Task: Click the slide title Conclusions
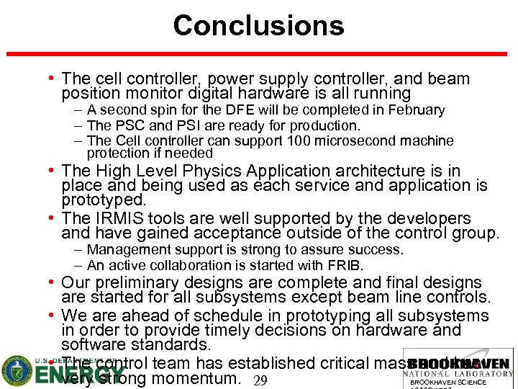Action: pyautogui.click(x=258, y=26)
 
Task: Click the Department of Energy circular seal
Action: pyautogui.click(x=16, y=370)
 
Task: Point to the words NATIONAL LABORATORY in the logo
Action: pyautogui.click(x=458, y=373)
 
